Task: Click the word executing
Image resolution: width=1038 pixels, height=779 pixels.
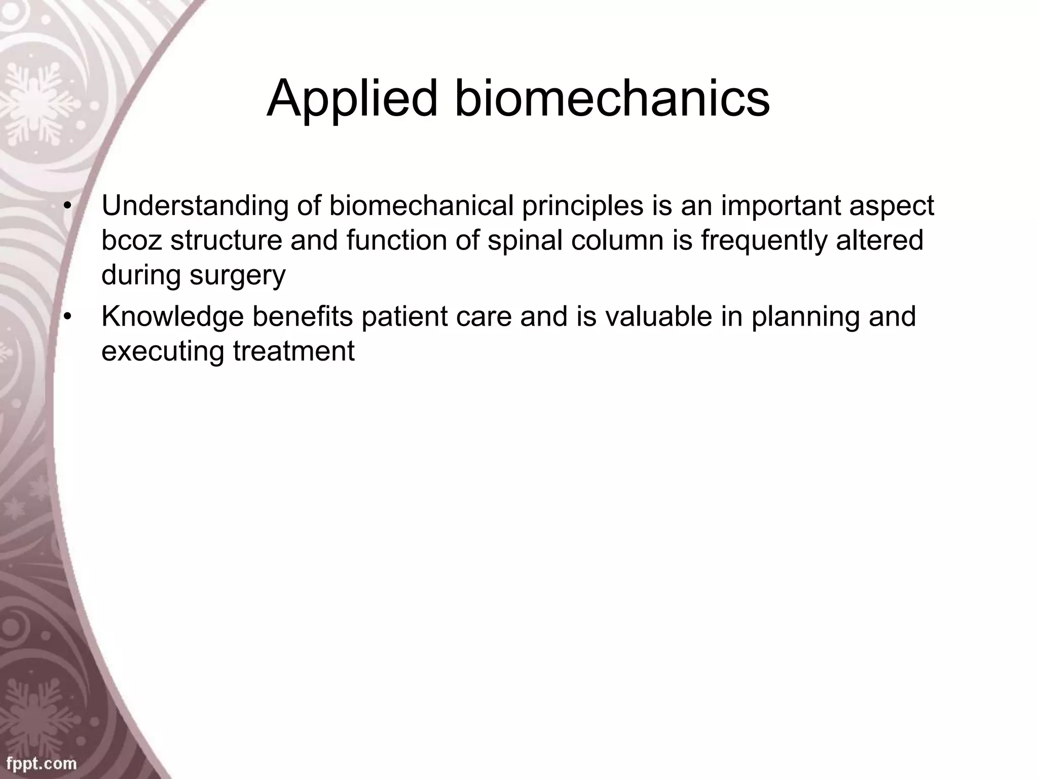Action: click(162, 351)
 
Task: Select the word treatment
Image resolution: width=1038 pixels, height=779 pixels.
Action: click(294, 351)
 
